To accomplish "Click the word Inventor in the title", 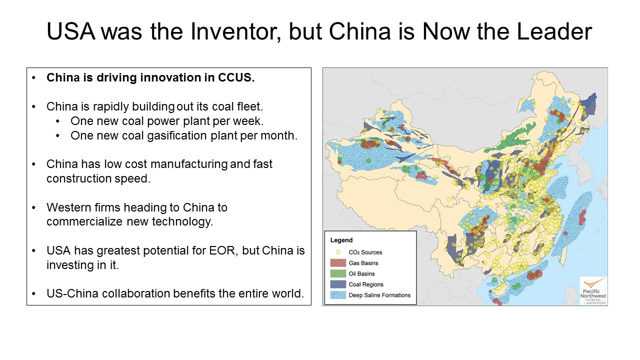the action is tap(235, 31).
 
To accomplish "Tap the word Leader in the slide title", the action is tap(554, 31).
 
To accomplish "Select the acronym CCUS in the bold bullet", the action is tap(236, 77).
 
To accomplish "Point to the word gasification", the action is tap(177, 135).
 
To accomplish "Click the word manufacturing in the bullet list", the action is tap(189, 164).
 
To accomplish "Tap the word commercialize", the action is tap(84, 221).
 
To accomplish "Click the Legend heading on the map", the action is tap(341, 240).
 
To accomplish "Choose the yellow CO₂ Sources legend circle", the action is tap(338, 252).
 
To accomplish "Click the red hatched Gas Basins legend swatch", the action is tap(338, 263).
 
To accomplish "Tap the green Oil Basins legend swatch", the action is tap(338, 273).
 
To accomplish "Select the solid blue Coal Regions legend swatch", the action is tap(338, 284).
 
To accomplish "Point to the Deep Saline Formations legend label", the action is tap(379, 295).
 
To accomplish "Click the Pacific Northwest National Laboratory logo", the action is tap(593, 291).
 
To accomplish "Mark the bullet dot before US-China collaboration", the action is tap(33, 293).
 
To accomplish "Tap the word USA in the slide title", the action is tap(71, 31).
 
